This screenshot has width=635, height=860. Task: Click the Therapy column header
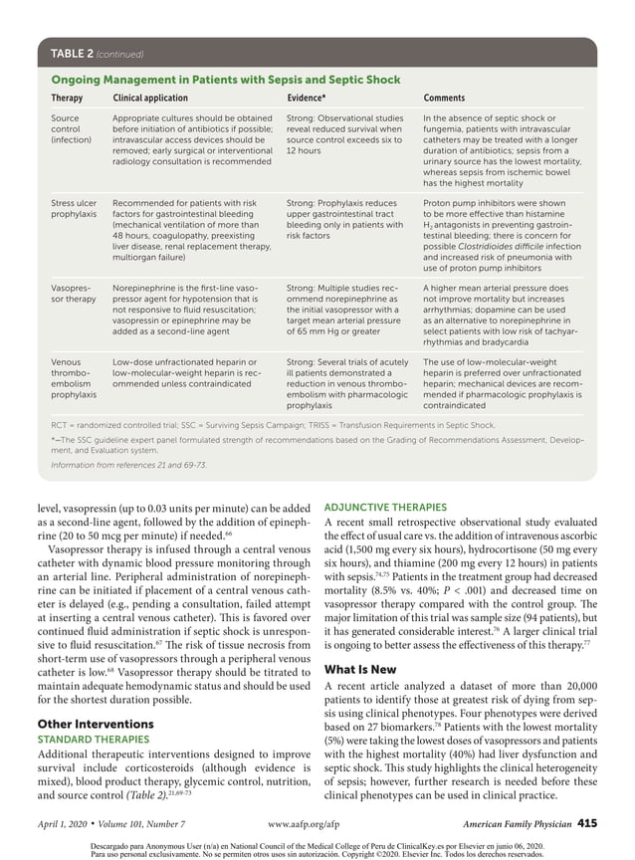(67, 99)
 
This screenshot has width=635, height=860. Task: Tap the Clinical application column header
(150, 99)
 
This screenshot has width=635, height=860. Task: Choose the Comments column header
(444, 99)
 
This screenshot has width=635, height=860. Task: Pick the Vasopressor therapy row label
(73, 293)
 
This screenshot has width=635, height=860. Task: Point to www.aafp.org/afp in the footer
(311, 824)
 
